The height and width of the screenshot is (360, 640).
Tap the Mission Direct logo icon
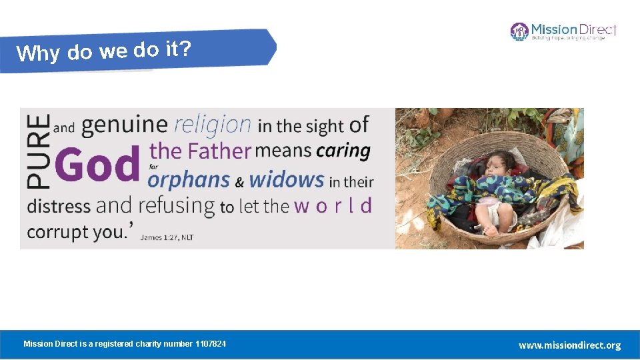519,31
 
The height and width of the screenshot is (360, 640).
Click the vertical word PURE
39,151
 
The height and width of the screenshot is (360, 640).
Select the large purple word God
99,164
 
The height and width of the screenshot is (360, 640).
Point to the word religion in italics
213,125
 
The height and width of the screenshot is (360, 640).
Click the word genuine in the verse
124,125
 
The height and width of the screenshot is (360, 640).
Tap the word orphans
189,180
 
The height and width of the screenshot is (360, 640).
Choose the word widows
287,179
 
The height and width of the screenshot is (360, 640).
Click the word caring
343,151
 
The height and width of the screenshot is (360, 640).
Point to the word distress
59,205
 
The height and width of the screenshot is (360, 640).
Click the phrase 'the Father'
200,151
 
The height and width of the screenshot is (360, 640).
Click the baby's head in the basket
501,162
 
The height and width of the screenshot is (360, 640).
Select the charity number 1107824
210,344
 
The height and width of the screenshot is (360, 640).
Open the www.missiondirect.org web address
569,345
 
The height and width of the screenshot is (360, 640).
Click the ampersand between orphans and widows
240,181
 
